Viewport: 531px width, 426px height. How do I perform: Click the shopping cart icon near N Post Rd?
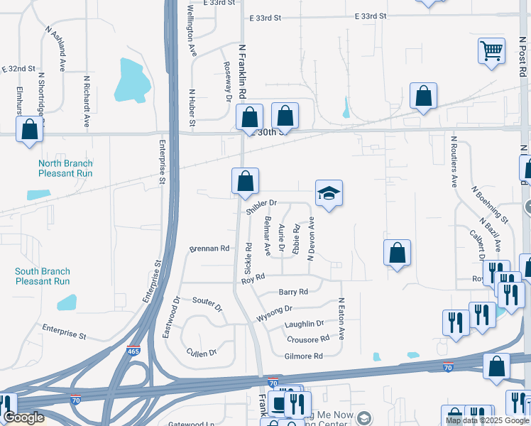[x=491, y=51]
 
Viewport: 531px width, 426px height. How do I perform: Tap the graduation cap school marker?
[x=329, y=193]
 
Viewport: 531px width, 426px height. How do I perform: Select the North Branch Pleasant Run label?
[x=65, y=168]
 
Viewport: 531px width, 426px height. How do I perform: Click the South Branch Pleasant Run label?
[x=43, y=276]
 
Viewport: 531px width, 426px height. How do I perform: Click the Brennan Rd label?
[x=209, y=249]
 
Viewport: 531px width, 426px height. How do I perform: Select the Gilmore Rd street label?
[x=303, y=356]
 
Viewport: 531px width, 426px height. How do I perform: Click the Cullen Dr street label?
[x=202, y=353]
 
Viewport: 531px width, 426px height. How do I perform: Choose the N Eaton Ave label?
[x=341, y=319]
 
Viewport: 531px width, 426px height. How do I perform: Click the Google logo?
[x=23, y=418]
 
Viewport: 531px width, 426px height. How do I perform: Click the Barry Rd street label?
[x=293, y=292]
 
